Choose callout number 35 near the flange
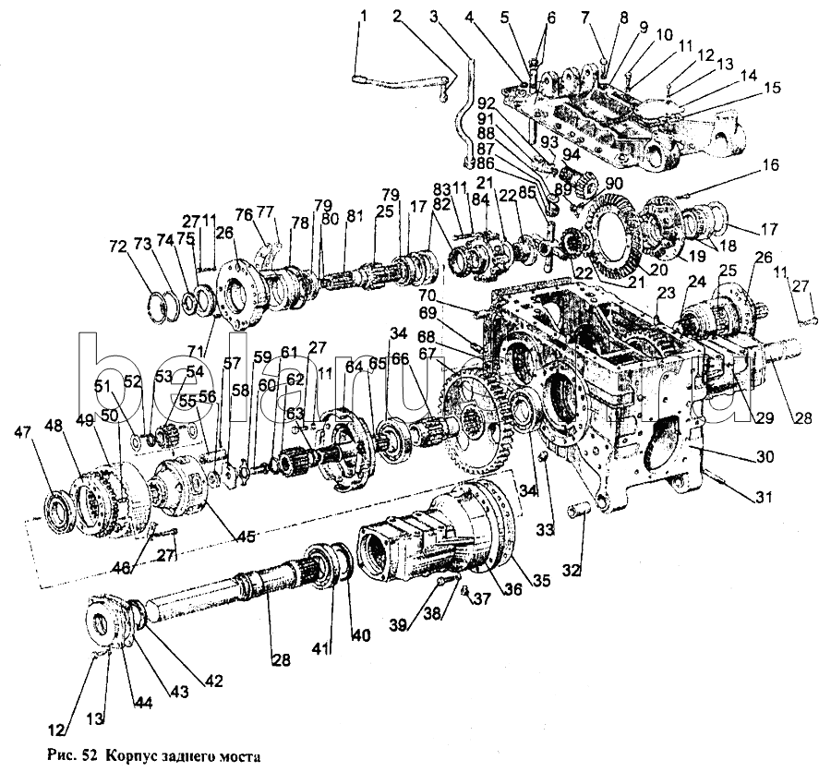pyautogui.click(x=541, y=582)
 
